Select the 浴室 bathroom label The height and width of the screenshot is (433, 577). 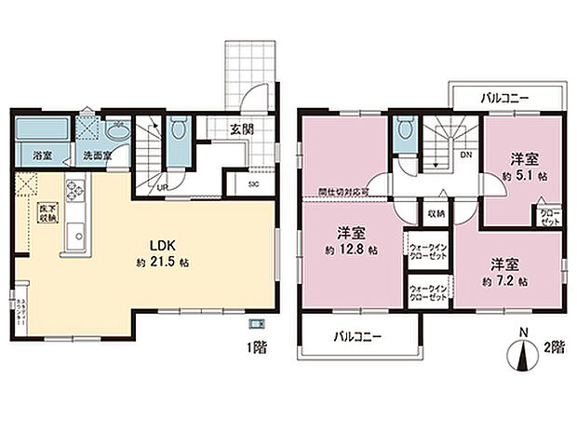pos(43,155)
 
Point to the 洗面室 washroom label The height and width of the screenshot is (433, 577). pos(97,155)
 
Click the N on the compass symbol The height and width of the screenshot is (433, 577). pos(523,332)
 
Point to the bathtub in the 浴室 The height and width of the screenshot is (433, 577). pos(41,128)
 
